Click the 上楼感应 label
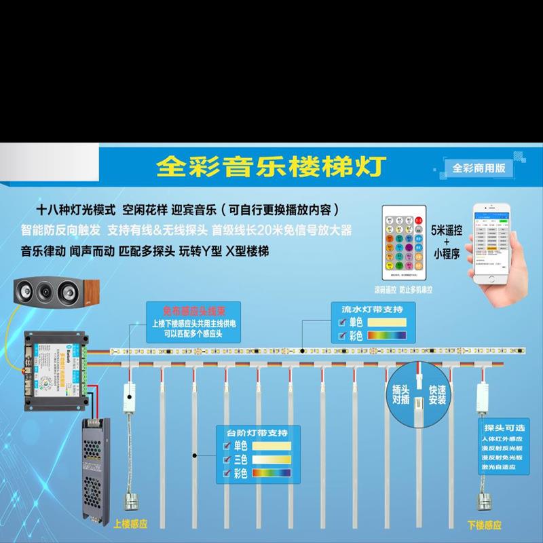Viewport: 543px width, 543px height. (x=130, y=525)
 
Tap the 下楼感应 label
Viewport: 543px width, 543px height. (x=485, y=525)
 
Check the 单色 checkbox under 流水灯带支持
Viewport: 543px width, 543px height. (x=342, y=322)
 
